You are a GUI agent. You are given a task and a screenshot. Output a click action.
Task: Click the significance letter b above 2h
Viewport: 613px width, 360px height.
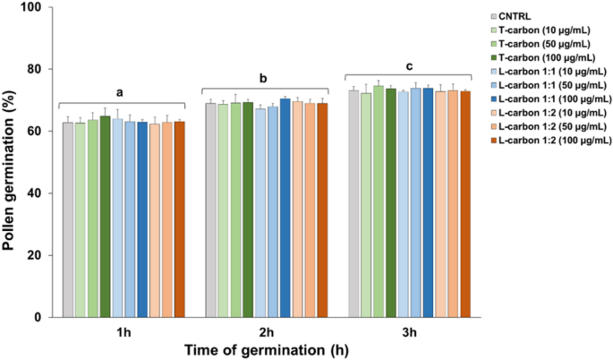(x=263, y=79)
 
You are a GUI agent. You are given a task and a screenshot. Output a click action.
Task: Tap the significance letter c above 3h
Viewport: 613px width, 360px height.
(x=407, y=65)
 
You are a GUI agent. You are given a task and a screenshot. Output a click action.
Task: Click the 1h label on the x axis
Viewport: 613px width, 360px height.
(x=122, y=330)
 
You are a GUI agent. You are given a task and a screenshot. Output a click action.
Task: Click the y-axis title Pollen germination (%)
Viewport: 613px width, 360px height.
(x=11, y=161)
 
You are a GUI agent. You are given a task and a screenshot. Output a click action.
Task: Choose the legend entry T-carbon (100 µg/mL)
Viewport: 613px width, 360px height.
(x=555, y=57)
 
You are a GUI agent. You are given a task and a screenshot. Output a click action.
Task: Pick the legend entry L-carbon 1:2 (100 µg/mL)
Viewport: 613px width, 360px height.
(x=555, y=140)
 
